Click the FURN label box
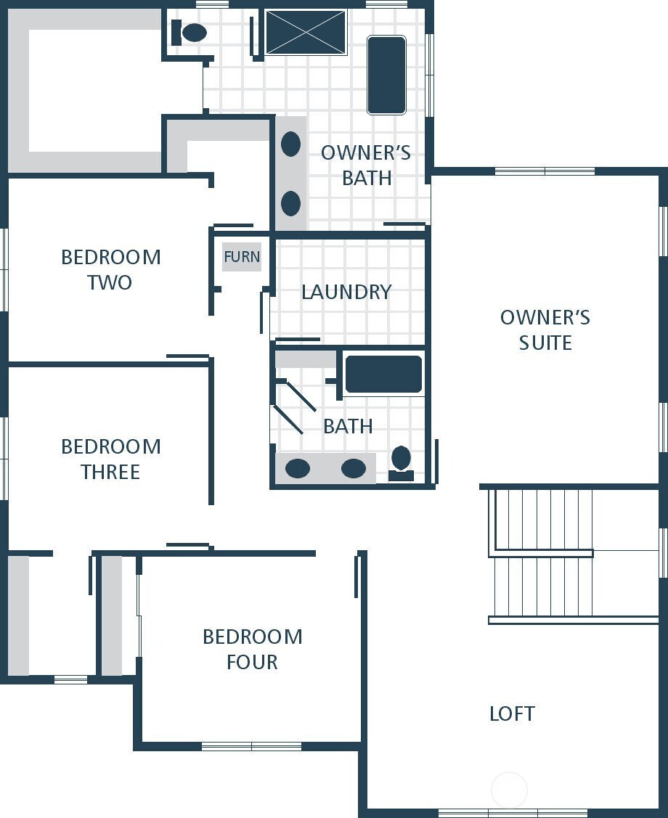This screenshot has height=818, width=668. coord(241,257)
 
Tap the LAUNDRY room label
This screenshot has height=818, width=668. coord(346,292)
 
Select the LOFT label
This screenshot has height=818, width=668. coord(512,713)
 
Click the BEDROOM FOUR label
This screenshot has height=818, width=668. coord(252,649)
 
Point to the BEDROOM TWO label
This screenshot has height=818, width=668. coord(110,269)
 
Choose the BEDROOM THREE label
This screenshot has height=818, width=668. coord(110,459)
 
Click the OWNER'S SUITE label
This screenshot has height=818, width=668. coord(545,330)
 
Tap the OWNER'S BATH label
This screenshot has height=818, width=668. coord(366,165)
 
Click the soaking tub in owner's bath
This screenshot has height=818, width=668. coord(386,75)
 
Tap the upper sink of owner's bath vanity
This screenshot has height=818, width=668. coord(290,144)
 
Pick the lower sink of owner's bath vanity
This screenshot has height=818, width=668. coord(290,203)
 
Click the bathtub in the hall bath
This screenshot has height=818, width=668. coord(383,375)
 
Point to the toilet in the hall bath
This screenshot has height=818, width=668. coord(401,462)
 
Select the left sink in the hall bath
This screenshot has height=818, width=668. coord(298,468)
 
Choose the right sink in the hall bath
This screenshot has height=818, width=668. coord(354,468)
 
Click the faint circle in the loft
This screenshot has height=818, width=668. coord(509,789)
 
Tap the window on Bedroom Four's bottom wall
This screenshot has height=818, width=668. coord(251,745)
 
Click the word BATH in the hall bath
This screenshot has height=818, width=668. coord(348,426)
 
